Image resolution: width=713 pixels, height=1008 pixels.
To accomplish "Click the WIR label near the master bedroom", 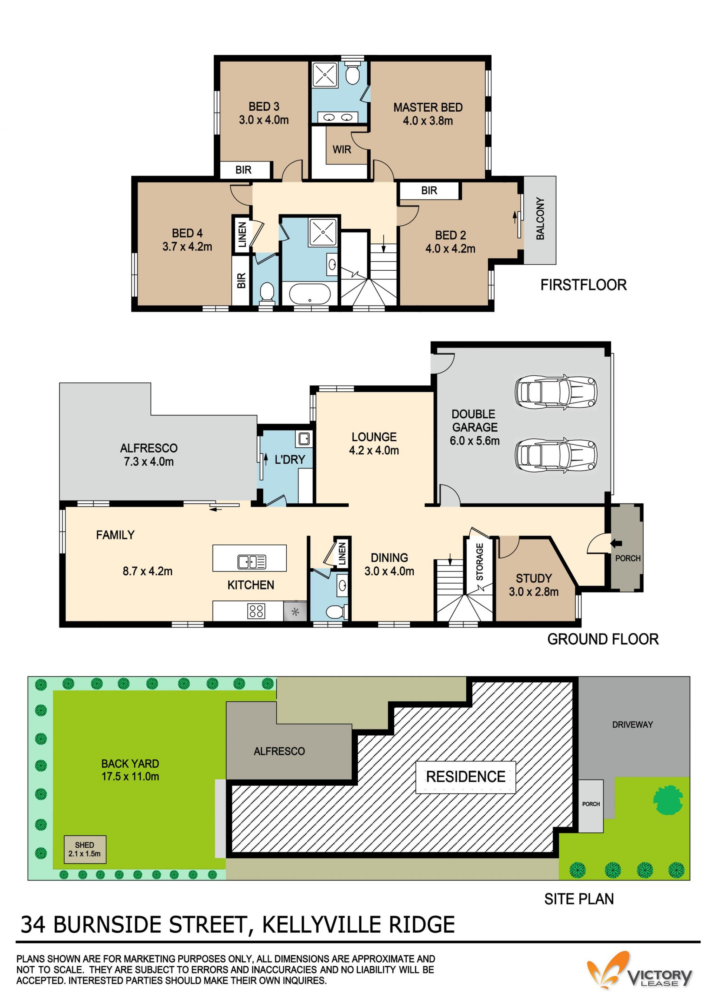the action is click(x=342, y=150).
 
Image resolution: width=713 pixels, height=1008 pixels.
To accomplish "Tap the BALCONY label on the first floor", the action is click(x=540, y=219).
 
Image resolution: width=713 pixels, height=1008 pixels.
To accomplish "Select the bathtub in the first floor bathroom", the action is click(x=309, y=294).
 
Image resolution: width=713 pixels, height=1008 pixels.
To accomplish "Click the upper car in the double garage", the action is click(x=556, y=392).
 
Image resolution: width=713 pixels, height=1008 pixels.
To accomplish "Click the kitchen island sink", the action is click(x=251, y=561).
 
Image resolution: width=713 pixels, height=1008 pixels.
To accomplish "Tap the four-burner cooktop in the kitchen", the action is click(x=256, y=611).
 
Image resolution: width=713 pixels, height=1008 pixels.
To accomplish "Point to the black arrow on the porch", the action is click(x=616, y=544).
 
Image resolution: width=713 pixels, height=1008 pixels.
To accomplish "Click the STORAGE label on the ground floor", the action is click(x=479, y=562).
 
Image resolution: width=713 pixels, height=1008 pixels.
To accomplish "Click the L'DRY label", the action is click(x=290, y=460).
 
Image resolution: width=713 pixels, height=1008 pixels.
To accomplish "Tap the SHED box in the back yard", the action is click(x=85, y=849).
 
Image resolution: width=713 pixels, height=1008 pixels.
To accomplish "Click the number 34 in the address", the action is click(x=33, y=924).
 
